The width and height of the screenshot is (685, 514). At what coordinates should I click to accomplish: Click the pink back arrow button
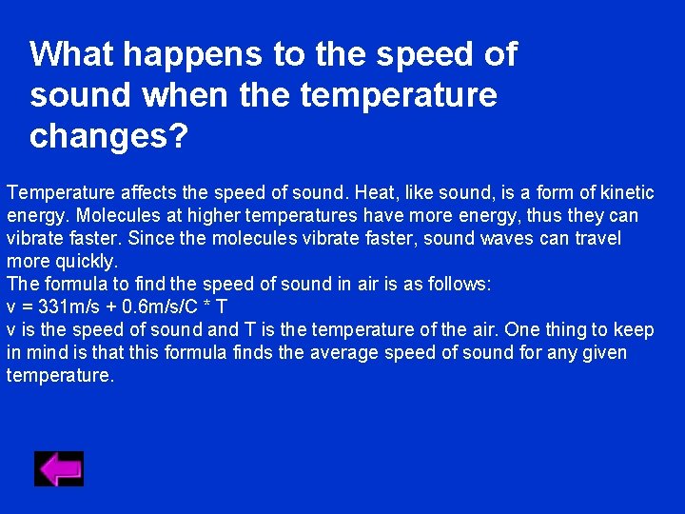[59, 468]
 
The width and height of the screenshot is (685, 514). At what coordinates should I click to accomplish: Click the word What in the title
[72, 54]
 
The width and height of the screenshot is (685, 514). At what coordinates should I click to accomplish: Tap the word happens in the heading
[194, 54]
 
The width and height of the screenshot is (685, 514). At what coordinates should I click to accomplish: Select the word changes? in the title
[109, 136]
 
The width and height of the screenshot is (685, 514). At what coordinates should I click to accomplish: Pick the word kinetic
[624, 193]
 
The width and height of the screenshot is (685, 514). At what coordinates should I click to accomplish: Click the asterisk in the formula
[206, 307]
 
